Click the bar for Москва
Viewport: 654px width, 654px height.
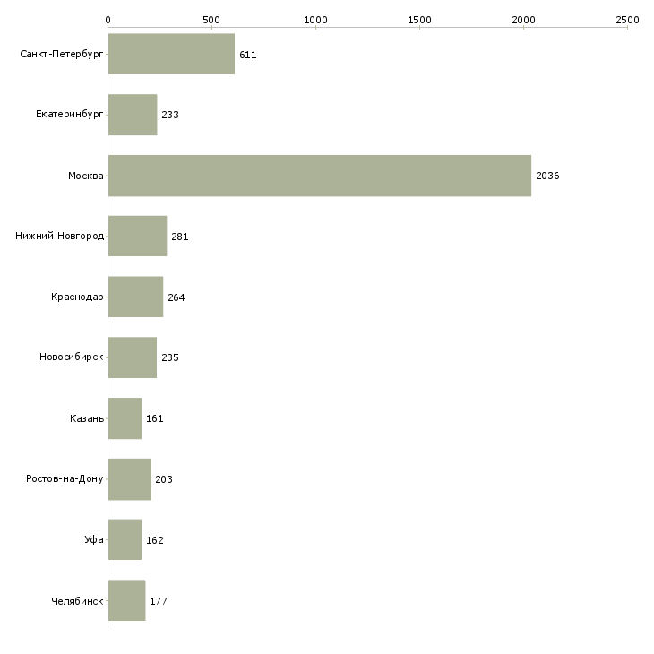[x=320, y=176]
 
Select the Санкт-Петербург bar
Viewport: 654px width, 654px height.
[x=171, y=54]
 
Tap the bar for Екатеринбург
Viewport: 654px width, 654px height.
[x=133, y=115]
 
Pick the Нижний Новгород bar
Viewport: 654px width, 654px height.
[x=137, y=237]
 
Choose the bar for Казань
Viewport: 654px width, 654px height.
[x=125, y=418]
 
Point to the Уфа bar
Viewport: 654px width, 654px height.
[x=125, y=539]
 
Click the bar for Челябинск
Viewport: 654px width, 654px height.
[x=127, y=600]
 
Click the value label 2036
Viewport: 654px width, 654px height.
[x=547, y=176]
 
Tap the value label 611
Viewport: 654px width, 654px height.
[x=248, y=55]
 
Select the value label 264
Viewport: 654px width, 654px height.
[x=176, y=297]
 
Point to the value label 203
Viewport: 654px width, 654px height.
[x=163, y=479]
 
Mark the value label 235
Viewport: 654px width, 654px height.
[x=169, y=357]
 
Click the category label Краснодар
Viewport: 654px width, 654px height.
[x=77, y=297]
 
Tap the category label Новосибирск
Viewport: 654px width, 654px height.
[x=72, y=357]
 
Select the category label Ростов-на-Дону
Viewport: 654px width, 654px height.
[x=65, y=478]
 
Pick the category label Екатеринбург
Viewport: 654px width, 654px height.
[x=69, y=115]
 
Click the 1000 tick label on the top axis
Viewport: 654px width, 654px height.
[x=315, y=20]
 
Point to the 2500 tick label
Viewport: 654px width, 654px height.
[x=627, y=20]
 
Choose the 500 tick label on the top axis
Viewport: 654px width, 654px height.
[x=211, y=20]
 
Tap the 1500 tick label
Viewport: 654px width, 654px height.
[x=419, y=20]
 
